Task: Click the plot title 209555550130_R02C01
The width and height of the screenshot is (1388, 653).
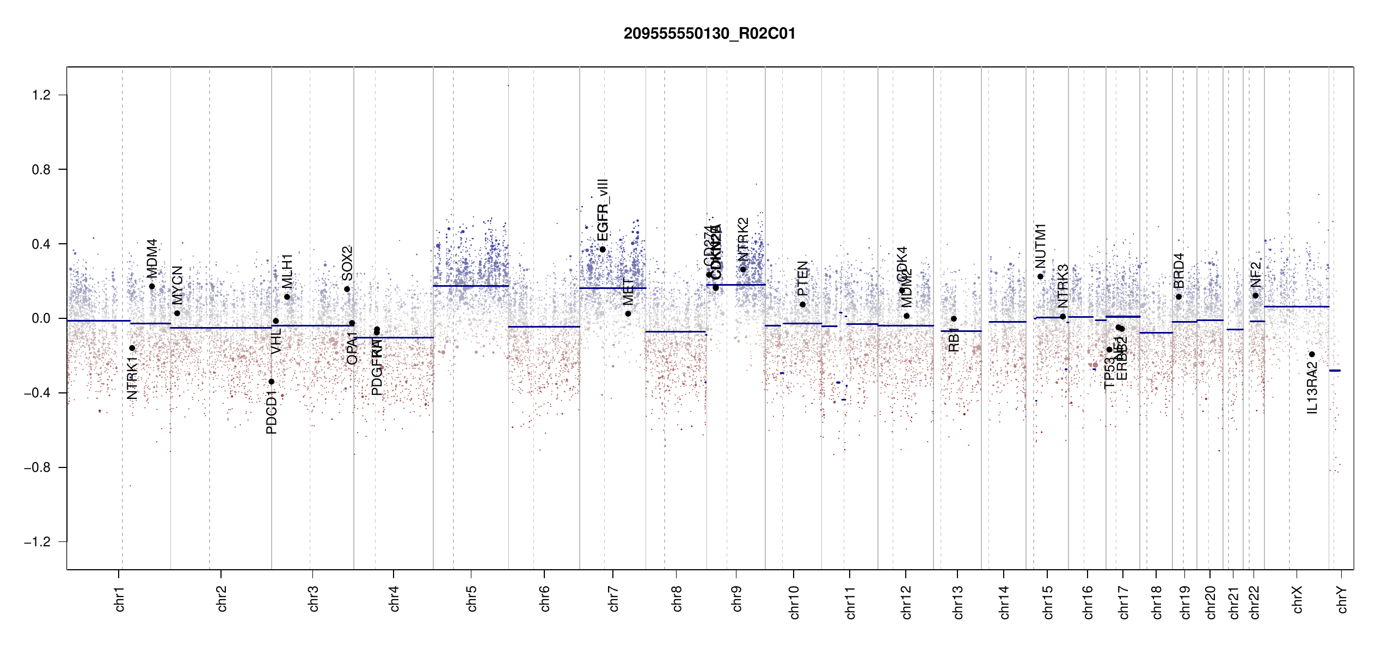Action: (x=709, y=34)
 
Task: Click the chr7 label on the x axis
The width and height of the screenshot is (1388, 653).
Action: (x=613, y=599)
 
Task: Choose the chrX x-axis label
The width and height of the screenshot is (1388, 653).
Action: (x=1297, y=599)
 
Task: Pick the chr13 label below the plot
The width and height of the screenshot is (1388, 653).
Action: (x=957, y=602)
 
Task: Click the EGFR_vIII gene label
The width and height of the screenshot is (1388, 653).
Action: (x=603, y=210)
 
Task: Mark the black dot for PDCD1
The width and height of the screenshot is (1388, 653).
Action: (x=272, y=381)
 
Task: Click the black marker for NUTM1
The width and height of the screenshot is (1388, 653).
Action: (x=1040, y=276)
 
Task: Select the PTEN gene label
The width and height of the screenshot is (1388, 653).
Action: (x=803, y=278)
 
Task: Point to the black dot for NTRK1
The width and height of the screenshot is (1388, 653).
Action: (x=132, y=348)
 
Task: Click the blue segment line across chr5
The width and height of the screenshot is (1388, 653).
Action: (x=471, y=286)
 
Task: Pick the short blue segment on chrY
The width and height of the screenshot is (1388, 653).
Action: (x=1335, y=371)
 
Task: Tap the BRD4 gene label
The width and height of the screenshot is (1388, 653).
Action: (x=1178, y=271)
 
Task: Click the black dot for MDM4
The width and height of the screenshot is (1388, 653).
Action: (x=152, y=286)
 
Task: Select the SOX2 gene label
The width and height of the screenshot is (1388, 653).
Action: (x=347, y=263)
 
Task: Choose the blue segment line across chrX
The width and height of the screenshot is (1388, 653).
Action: (x=1296, y=306)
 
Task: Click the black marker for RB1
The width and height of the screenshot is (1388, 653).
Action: (x=954, y=319)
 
